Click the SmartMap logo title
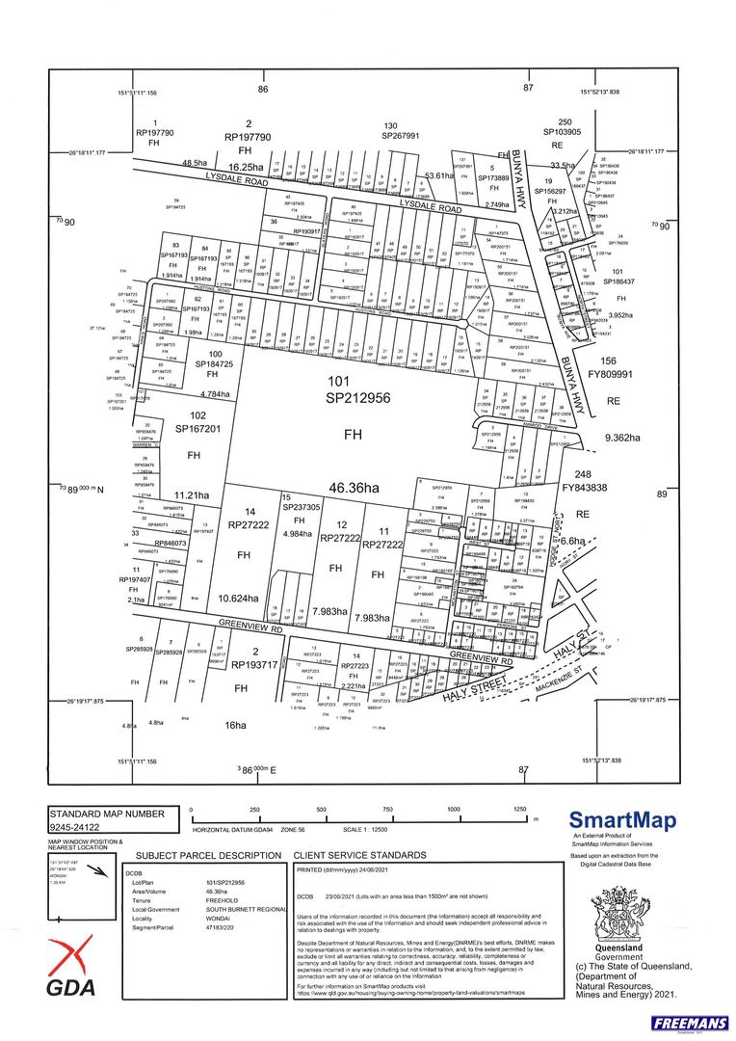coord(622,820)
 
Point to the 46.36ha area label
coord(353,489)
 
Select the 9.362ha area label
coord(621,437)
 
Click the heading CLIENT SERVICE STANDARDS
coord(359,855)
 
